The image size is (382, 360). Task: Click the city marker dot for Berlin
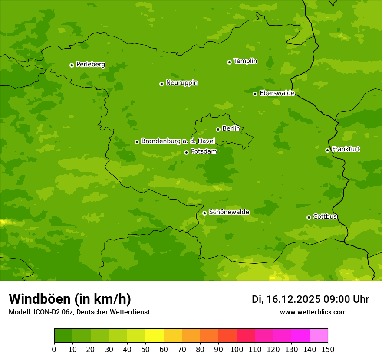coord(218,129)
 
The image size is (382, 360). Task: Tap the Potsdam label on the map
coord(204,151)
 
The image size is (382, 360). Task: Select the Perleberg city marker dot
coord(72,65)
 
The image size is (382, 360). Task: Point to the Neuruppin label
coord(181,83)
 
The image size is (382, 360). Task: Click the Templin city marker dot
coord(229,62)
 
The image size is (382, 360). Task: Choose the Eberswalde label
coord(277,93)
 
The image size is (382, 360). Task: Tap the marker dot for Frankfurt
coord(327,150)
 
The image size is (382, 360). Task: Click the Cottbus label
coord(325,216)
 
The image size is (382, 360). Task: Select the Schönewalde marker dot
coord(204,213)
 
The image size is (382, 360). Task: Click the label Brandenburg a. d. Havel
coord(178,141)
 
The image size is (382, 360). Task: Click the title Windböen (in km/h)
coord(70,299)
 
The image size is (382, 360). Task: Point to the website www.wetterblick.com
coord(313,312)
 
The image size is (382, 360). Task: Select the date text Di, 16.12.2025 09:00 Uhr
coord(310,299)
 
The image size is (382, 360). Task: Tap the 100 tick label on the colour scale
coord(237,350)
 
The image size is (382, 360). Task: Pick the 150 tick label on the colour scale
coord(328,350)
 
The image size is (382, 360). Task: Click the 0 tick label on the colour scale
coord(54,350)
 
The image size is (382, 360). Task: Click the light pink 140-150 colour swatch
coord(319,336)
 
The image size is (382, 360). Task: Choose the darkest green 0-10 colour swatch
coord(63,336)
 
